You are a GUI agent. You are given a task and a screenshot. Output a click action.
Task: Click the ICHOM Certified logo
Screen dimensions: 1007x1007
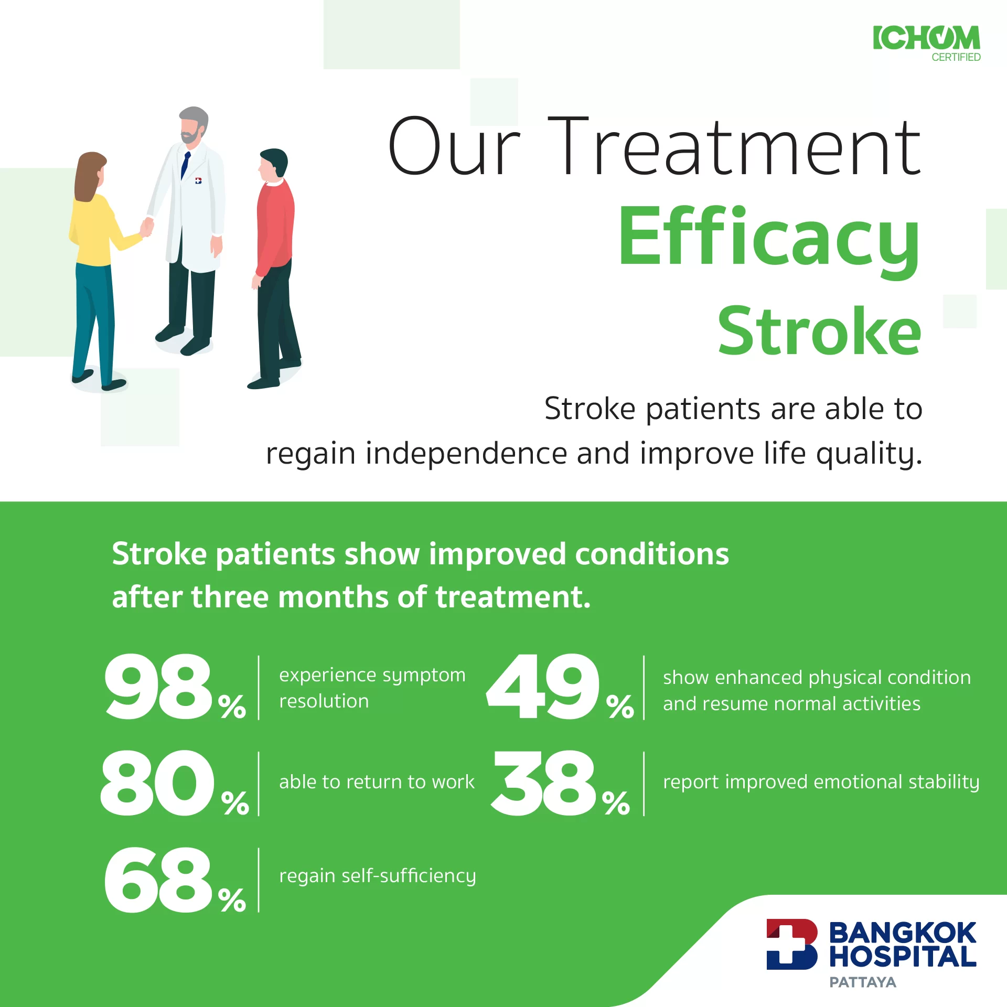click(926, 44)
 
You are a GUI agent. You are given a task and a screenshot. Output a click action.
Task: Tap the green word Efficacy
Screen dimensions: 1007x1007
click(769, 241)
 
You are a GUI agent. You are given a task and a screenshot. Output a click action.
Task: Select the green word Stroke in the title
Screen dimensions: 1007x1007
click(819, 330)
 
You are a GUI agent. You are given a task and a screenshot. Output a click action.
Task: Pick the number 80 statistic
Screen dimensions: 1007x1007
click(157, 783)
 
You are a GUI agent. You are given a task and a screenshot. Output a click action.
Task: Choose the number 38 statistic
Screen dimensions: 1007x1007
click(544, 783)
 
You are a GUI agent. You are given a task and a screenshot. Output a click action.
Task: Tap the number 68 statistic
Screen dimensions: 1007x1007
click(158, 880)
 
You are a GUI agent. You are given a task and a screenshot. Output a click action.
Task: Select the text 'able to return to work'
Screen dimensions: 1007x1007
click(377, 782)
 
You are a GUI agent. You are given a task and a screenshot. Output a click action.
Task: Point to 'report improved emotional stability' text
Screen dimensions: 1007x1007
click(821, 782)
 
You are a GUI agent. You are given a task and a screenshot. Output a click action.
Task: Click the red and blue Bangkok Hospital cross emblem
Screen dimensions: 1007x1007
click(792, 944)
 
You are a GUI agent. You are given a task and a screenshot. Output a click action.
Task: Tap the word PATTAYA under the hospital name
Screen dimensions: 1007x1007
click(863, 982)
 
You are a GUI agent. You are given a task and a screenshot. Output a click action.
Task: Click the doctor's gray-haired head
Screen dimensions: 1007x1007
click(193, 125)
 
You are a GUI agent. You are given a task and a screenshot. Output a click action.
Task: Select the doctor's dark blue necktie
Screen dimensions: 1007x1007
click(185, 165)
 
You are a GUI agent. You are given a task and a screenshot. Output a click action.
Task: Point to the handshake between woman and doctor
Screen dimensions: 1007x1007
click(147, 227)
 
